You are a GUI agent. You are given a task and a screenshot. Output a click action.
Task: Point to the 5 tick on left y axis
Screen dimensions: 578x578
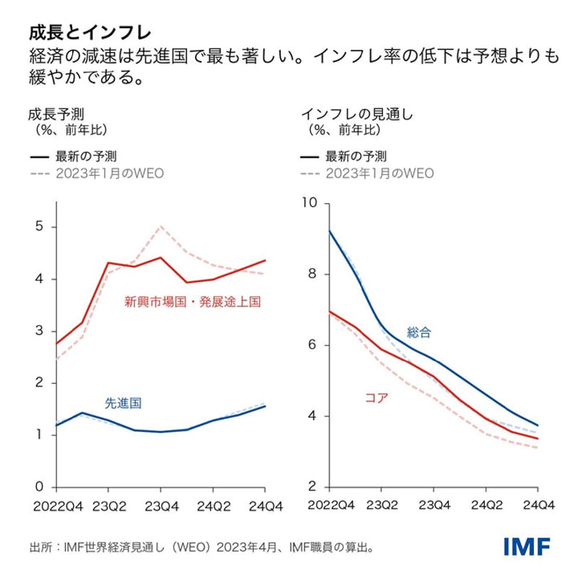pos(40,227)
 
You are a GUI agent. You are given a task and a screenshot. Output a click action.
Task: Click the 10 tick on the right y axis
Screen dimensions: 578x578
pos(312,203)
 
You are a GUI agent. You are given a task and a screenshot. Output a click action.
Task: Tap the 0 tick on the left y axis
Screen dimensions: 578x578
pos(40,486)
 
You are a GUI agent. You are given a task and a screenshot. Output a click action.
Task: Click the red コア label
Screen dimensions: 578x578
pos(371,396)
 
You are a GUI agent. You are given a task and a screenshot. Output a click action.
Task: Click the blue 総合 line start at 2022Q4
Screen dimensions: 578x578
pos(329,231)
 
